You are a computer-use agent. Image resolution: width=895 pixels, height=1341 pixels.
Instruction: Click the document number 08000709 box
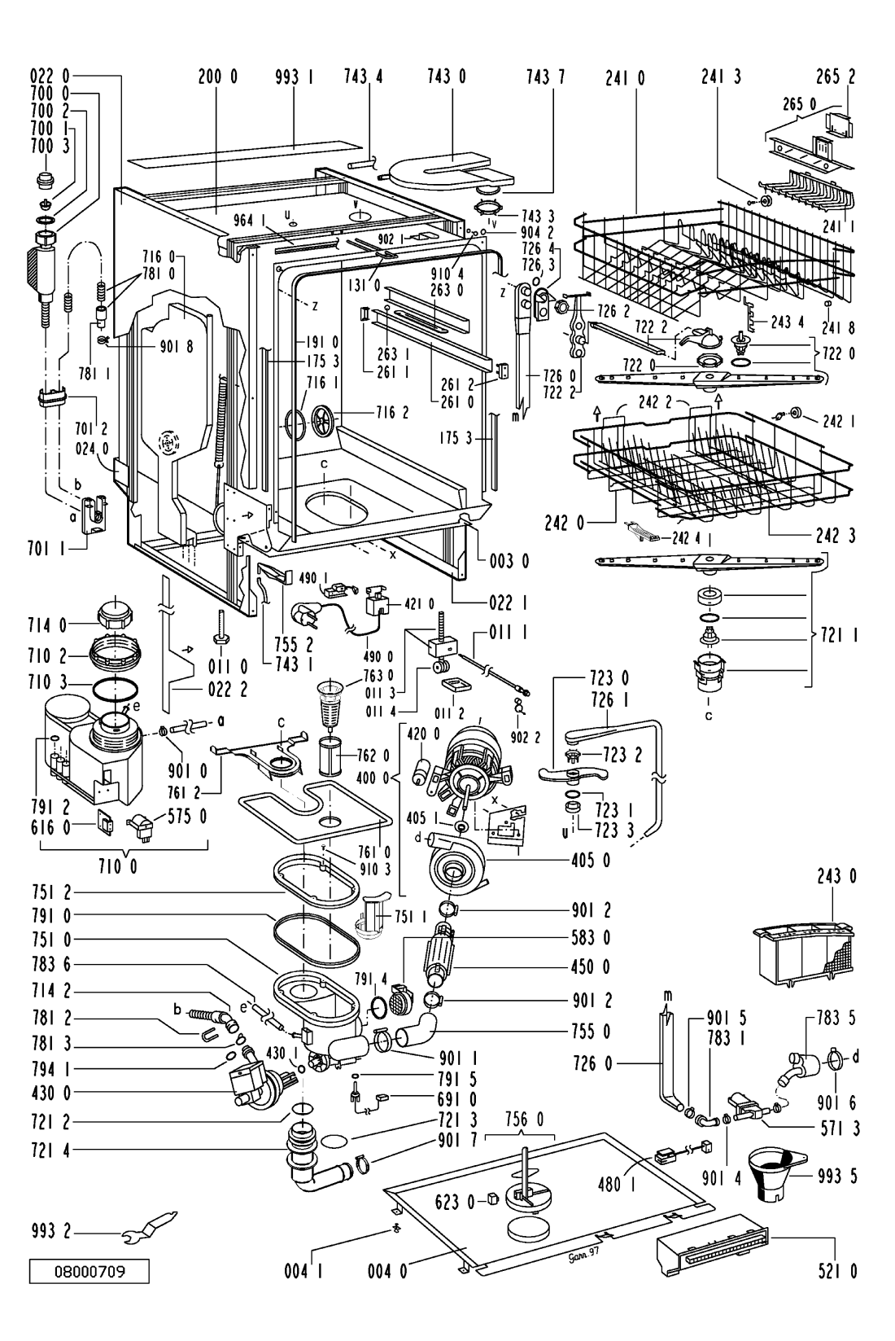pos(90,1270)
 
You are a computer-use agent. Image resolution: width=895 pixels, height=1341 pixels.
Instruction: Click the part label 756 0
pos(521,1119)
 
